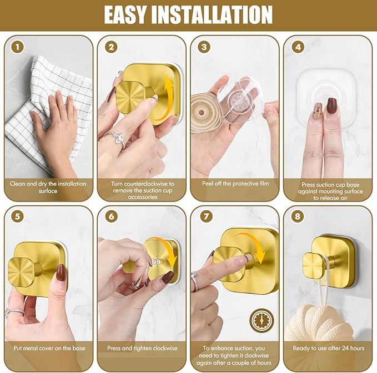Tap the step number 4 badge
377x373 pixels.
click(298, 47)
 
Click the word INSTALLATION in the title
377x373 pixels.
click(223, 14)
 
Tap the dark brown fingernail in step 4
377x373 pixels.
click(332, 105)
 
